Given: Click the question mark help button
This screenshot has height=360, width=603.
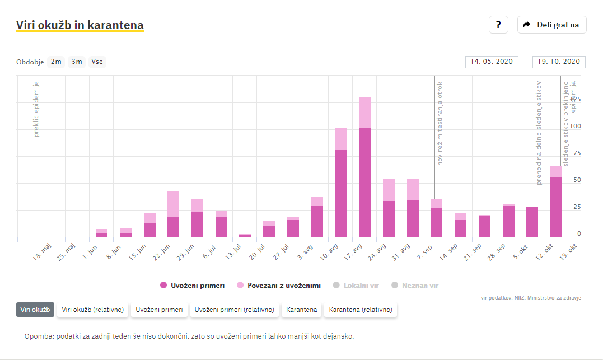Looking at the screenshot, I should coord(498,25).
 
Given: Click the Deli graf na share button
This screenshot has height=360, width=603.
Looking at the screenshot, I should coord(551,25).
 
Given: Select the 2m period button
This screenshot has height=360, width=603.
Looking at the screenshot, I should coord(56,62).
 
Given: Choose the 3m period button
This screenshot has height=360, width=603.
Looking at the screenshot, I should coord(77,62).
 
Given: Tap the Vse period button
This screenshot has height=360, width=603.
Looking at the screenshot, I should coord(97,62).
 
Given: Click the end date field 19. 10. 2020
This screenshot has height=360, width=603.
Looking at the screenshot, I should coord(559,62).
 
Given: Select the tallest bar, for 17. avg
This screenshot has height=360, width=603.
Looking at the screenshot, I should coord(365,168).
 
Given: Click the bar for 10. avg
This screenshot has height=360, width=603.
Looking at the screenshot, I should coord(341,185).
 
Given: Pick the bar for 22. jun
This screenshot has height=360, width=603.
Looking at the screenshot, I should coord(173,216).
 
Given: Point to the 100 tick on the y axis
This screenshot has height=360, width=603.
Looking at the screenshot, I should coord(575,127).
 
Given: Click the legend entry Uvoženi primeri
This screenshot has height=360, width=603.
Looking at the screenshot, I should coord(193,286).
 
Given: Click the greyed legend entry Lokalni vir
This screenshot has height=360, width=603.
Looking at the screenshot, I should coord(356,286).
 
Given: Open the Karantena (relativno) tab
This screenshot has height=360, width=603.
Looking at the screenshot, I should coord(361,310).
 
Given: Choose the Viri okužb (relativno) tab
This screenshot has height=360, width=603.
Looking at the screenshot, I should coord(93,310).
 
